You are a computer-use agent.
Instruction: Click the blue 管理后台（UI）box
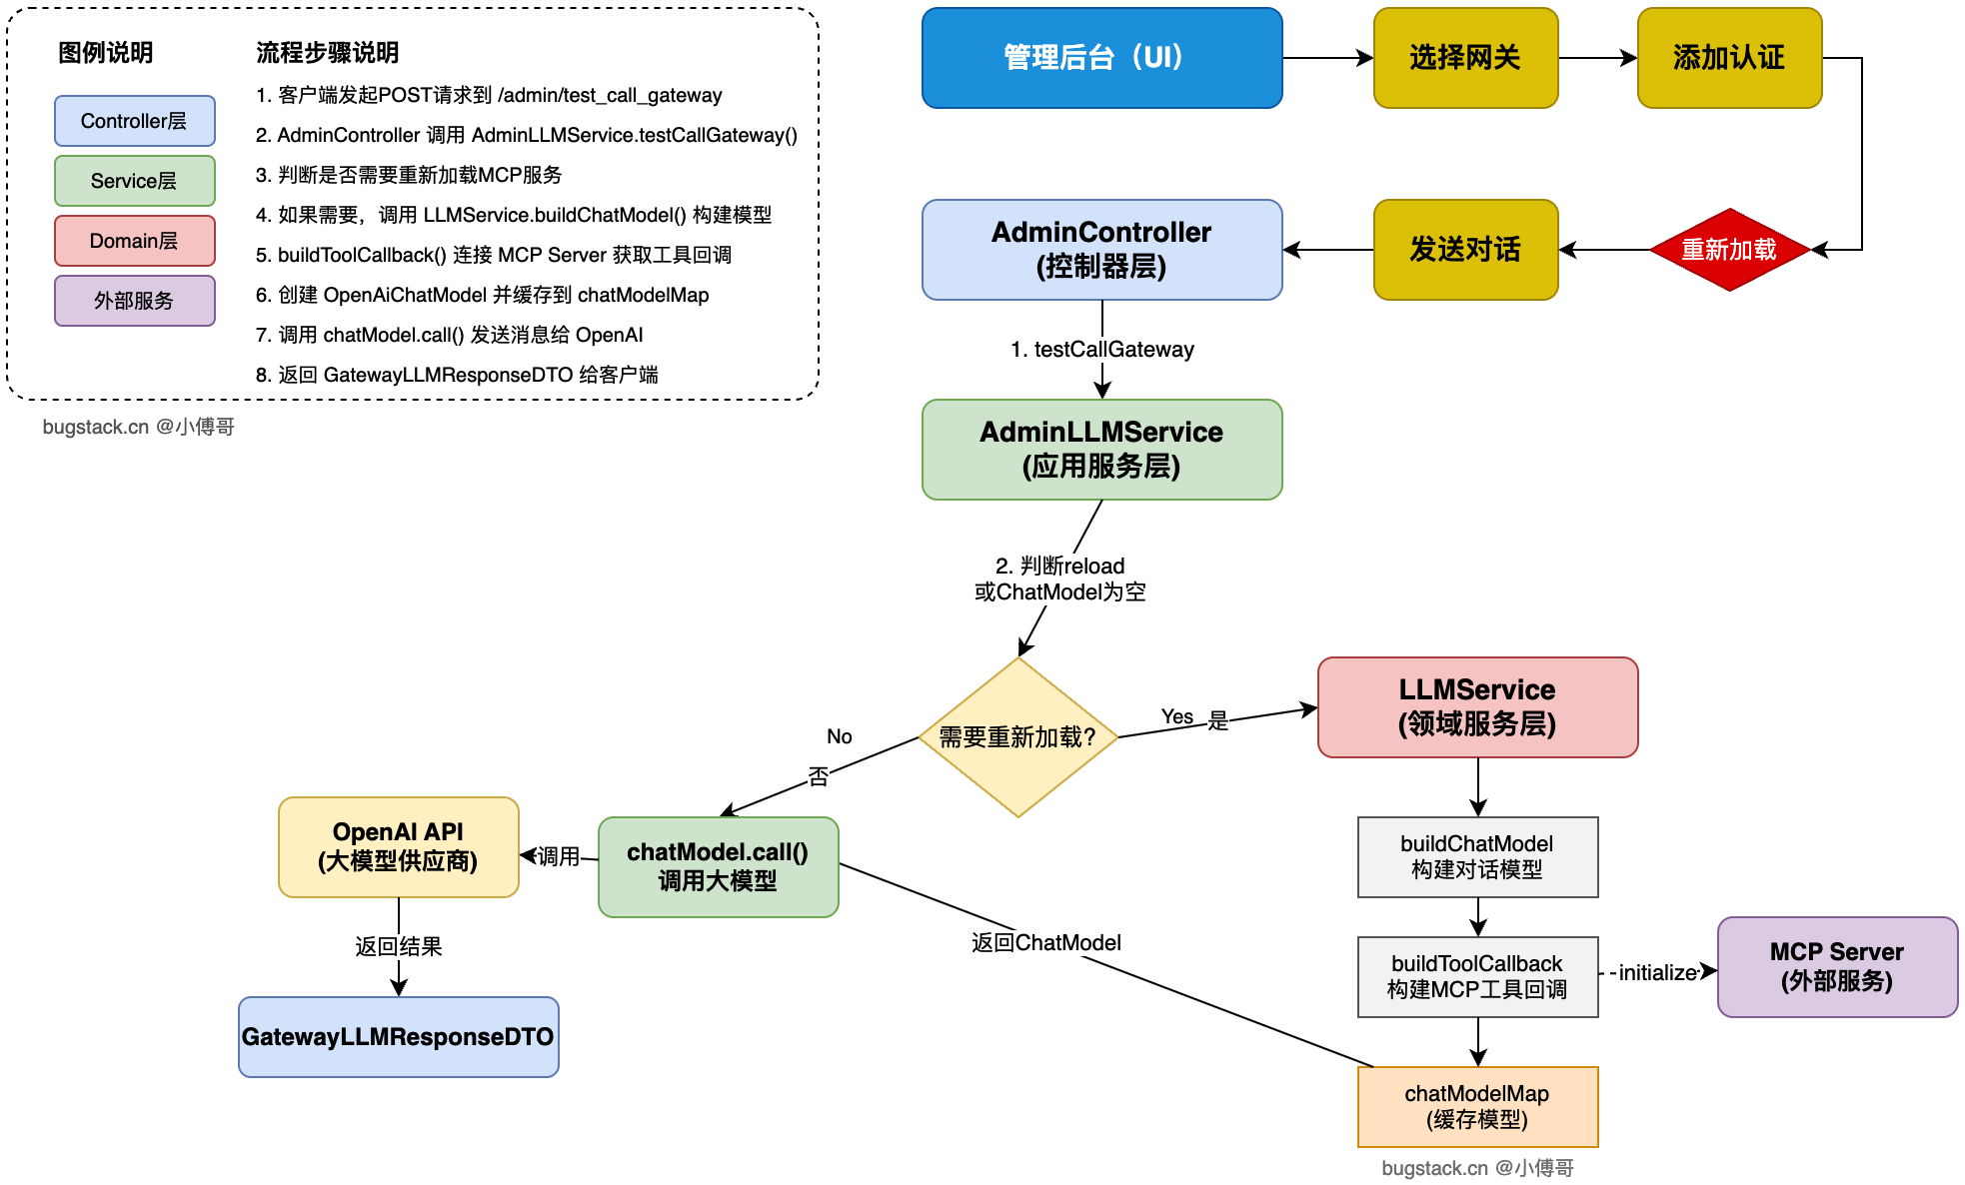point(1101,58)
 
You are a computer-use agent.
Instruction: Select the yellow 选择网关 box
point(1465,58)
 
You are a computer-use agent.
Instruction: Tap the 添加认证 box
point(1729,58)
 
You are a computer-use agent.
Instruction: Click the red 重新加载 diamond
point(1729,250)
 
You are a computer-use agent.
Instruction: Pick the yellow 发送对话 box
point(1465,250)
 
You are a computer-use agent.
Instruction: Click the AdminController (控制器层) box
point(1101,250)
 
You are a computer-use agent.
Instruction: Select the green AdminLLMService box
point(1101,450)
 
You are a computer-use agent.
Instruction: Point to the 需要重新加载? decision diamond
point(1017,737)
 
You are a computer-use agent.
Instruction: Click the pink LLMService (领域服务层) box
point(1477,707)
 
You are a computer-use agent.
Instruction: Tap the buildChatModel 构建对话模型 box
point(1477,857)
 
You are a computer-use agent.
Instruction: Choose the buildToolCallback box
point(1477,977)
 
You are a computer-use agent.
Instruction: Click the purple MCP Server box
point(1837,967)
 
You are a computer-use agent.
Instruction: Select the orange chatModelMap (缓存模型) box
point(1477,1107)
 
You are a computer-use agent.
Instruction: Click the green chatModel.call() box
point(718,867)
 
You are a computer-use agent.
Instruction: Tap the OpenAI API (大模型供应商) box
point(398,847)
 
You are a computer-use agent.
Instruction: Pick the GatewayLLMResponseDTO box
point(398,1037)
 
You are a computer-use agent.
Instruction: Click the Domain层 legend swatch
point(134,241)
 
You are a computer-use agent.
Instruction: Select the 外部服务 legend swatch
point(134,301)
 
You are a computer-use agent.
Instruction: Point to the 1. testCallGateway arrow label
point(1101,350)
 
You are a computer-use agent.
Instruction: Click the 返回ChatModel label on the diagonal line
point(1045,943)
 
